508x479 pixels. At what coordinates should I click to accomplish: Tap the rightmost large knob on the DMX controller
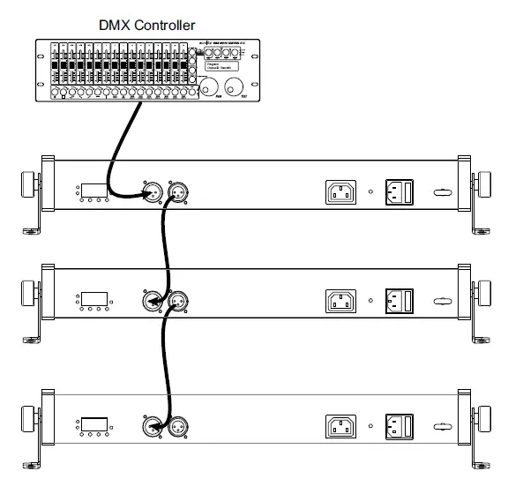click(x=235, y=87)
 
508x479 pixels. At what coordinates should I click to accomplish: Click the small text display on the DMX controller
click(x=218, y=64)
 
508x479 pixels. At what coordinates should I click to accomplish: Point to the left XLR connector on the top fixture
click(x=152, y=191)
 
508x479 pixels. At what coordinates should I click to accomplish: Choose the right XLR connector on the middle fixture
click(x=181, y=300)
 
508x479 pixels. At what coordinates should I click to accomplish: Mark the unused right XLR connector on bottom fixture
click(x=181, y=427)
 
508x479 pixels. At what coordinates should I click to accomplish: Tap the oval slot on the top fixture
click(x=441, y=192)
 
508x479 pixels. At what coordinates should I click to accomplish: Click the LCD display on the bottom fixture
click(x=93, y=424)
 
